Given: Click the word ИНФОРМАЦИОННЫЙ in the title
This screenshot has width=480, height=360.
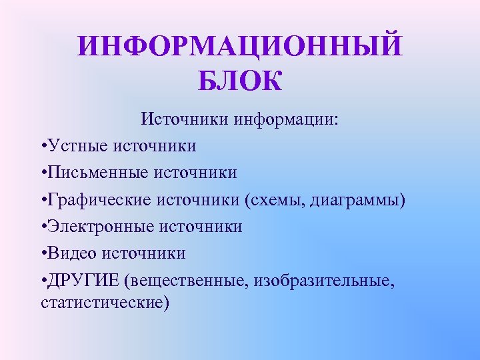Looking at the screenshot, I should pos(240,47).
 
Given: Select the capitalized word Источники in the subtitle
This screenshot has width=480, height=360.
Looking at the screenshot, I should pos(174,120).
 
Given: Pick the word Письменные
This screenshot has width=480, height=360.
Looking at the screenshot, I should pos(98,173).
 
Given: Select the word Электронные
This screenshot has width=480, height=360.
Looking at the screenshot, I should pos(101,227).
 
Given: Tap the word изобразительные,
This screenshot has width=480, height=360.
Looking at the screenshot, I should pos(327,281).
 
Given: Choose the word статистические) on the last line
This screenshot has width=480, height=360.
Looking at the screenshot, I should pos(105,303).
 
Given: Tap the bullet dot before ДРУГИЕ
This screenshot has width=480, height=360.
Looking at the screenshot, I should pos(43,281).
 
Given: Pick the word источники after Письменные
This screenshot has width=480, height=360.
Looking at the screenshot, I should pos(196,173).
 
